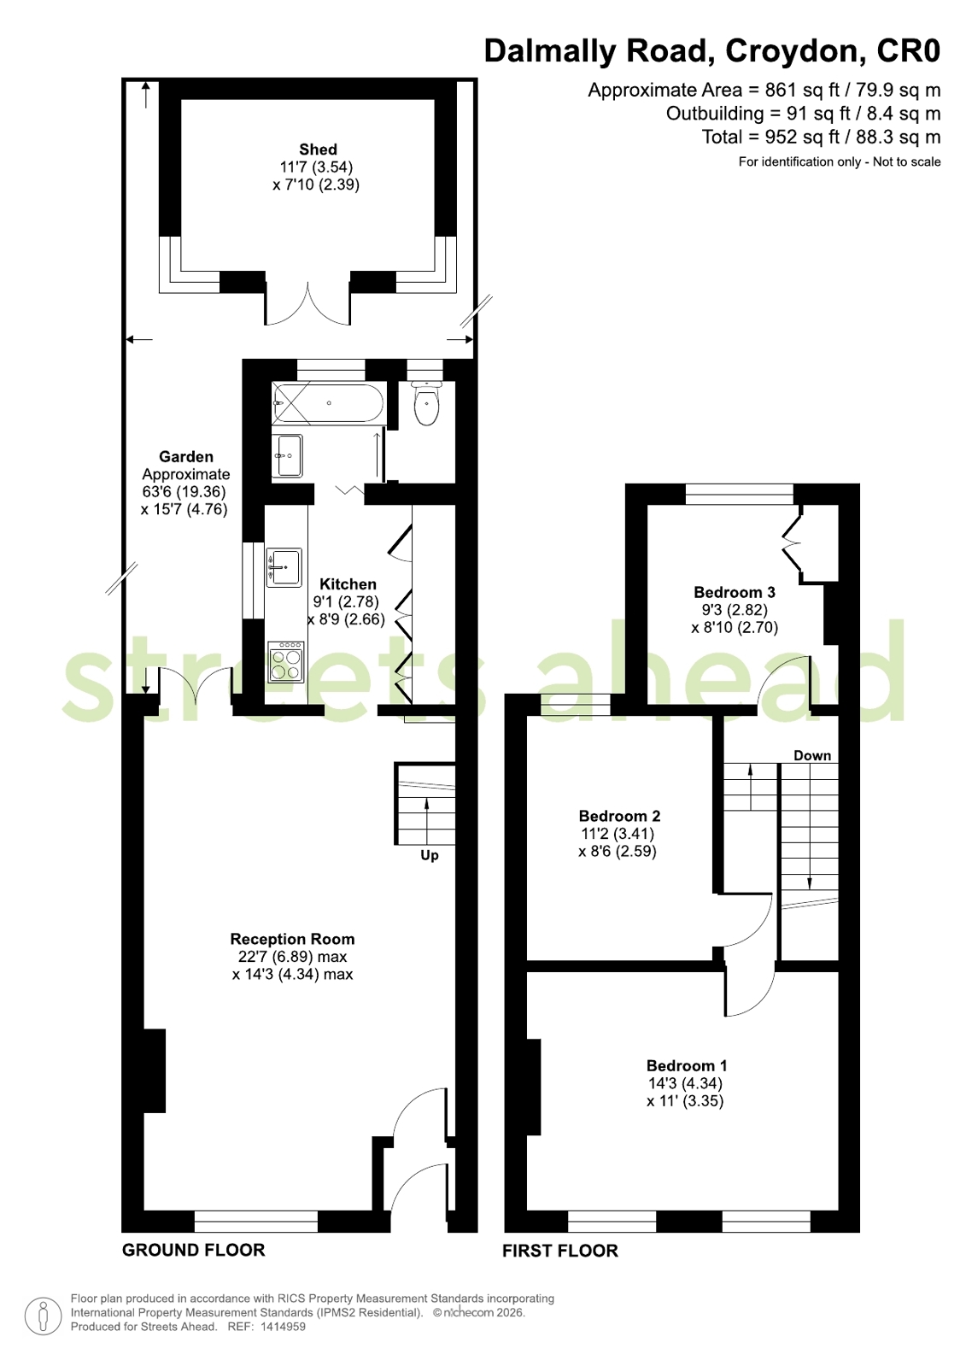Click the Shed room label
[x=318, y=149]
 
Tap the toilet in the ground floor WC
[x=426, y=402]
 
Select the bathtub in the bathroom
[x=329, y=402]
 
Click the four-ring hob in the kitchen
[x=285, y=661]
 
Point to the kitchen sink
[x=284, y=567]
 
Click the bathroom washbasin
[x=287, y=455]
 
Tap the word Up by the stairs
[x=430, y=856]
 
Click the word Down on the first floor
[x=812, y=755]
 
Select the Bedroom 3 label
[x=735, y=592]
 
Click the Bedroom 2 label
[x=619, y=816]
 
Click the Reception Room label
[x=292, y=939]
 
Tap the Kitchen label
[x=348, y=584]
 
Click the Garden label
[x=186, y=457]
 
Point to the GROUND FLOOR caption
[x=194, y=1250]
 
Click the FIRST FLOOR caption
[x=559, y=1251]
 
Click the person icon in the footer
[x=43, y=1316]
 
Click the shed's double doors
[x=308, y=305]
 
